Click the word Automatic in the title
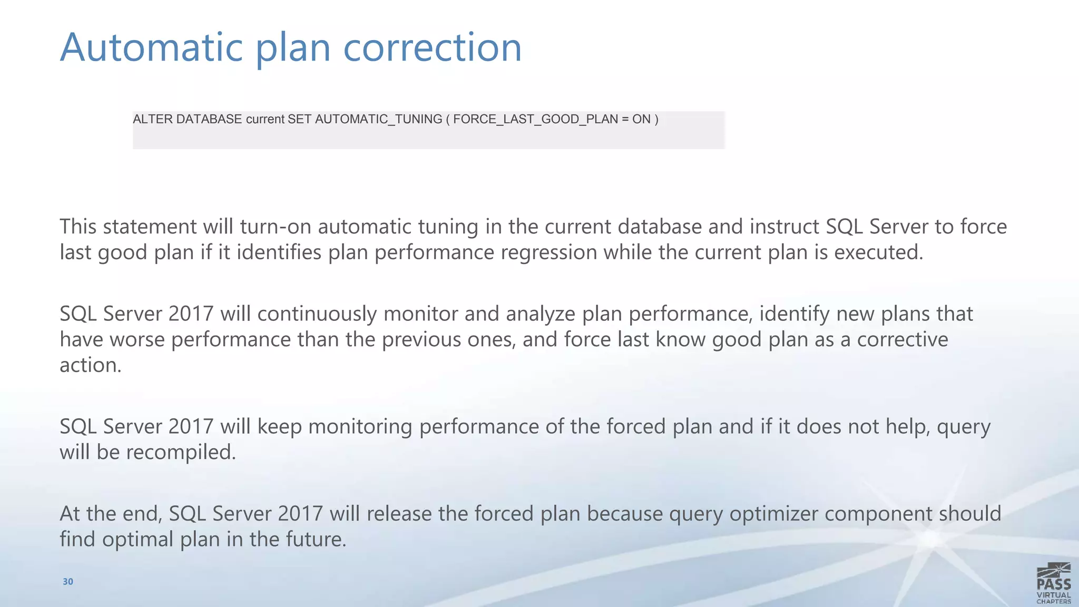151,47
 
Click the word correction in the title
432,47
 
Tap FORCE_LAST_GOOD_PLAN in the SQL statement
535,119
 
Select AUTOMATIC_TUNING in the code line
378,119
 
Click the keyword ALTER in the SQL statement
152,119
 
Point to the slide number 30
68,582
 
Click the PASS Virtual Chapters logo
1053,583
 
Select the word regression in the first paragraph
548,252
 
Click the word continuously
317,314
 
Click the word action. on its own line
90,365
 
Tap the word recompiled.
181,452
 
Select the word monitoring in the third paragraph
360,426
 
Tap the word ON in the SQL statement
641,119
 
